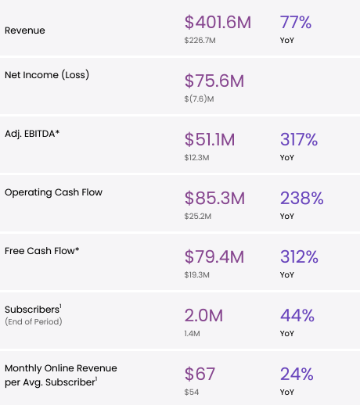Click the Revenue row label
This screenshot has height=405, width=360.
[24, 30]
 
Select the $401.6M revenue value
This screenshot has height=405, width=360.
[218, 22]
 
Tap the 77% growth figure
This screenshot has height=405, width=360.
[298, 22]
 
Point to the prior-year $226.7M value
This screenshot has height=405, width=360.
[201, 39]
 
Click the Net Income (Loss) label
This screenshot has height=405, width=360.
[47, 75]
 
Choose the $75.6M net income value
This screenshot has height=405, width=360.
[214, 81]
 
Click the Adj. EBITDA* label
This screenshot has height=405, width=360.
[32, 134]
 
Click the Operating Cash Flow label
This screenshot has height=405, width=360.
[53, 192]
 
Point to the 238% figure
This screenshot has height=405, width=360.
[301, 198]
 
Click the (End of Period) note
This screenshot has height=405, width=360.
[33, 321]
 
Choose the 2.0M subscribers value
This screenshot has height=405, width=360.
[203, 315]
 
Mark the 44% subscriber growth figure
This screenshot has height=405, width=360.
[297, 315]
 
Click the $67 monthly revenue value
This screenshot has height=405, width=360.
[200, 374]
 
